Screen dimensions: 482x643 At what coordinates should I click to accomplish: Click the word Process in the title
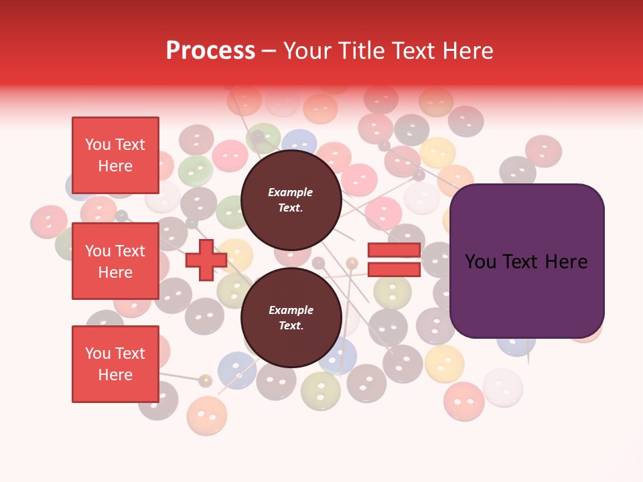click(210, 51)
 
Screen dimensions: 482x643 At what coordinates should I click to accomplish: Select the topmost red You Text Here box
click(115, 155)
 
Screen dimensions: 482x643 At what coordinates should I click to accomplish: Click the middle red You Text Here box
click(115, 261)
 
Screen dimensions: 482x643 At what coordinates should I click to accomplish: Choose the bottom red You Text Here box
click(115, 364)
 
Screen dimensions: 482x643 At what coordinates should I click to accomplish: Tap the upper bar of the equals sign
click(394, 250)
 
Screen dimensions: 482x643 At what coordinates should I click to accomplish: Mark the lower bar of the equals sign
click(394, 270)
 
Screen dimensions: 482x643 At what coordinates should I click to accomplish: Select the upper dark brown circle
click(291, 199)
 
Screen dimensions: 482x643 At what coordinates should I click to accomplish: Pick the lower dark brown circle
click(291, 317)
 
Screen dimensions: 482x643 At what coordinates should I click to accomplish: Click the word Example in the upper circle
click(291, 192)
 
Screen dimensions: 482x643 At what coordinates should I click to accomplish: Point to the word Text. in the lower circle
click(291, 325)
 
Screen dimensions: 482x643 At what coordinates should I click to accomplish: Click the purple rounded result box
click(526, 261)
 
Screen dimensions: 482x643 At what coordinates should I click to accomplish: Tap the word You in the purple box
click(480, 261)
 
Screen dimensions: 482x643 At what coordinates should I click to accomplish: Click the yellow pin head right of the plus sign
click(352, 262)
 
